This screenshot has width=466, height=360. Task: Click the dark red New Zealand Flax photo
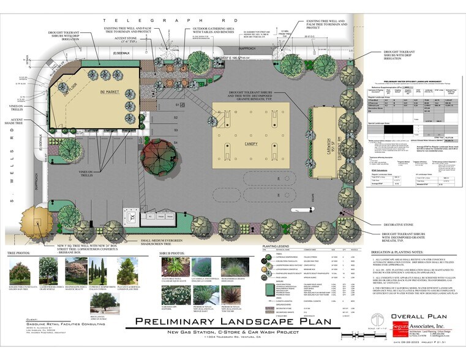214,298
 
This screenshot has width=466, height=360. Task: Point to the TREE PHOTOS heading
22,253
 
